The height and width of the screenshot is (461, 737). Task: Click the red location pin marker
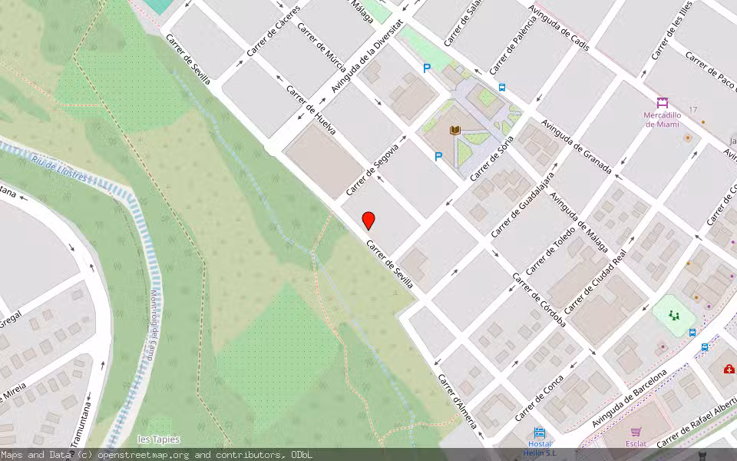click(368, 221)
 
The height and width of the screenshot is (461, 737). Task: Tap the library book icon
click(455, 131)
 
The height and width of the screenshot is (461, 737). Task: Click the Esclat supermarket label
click(636, 443)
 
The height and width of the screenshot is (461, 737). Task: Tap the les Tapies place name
click(158, 439)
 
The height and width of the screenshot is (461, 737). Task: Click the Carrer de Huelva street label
click(310, 110)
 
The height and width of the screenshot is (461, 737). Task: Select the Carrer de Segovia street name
click(372, 168)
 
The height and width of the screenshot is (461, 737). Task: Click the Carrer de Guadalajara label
click(523, 204)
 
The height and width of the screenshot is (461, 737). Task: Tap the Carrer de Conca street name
click(539, 398)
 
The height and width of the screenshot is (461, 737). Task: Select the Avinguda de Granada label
click(576, 146)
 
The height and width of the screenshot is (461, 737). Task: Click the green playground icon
click(674, 315)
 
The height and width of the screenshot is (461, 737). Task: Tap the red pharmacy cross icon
click(729, 369)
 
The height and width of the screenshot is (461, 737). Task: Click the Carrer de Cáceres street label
click(273, 36)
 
